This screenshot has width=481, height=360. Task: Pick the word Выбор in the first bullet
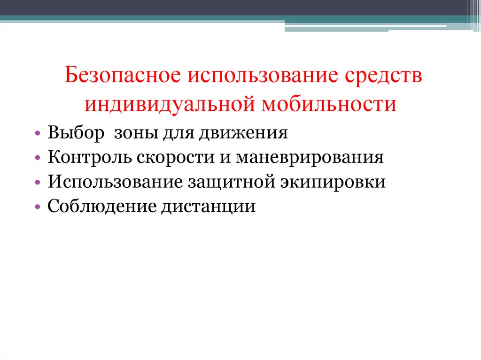(x=76, y=133)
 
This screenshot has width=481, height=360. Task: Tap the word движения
(x=243, y=133)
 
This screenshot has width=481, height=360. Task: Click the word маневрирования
(x=310, y=157)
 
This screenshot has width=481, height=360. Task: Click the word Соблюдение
(x=101, y=206)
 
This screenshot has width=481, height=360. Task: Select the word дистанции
(x=209, y=206)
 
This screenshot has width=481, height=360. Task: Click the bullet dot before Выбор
(x=37, y=134)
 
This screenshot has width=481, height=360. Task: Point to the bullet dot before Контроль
(x=37, y=158)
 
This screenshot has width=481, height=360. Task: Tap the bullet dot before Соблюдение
(x=37, y=207)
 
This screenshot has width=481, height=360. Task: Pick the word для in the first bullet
(x=175, y=133)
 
